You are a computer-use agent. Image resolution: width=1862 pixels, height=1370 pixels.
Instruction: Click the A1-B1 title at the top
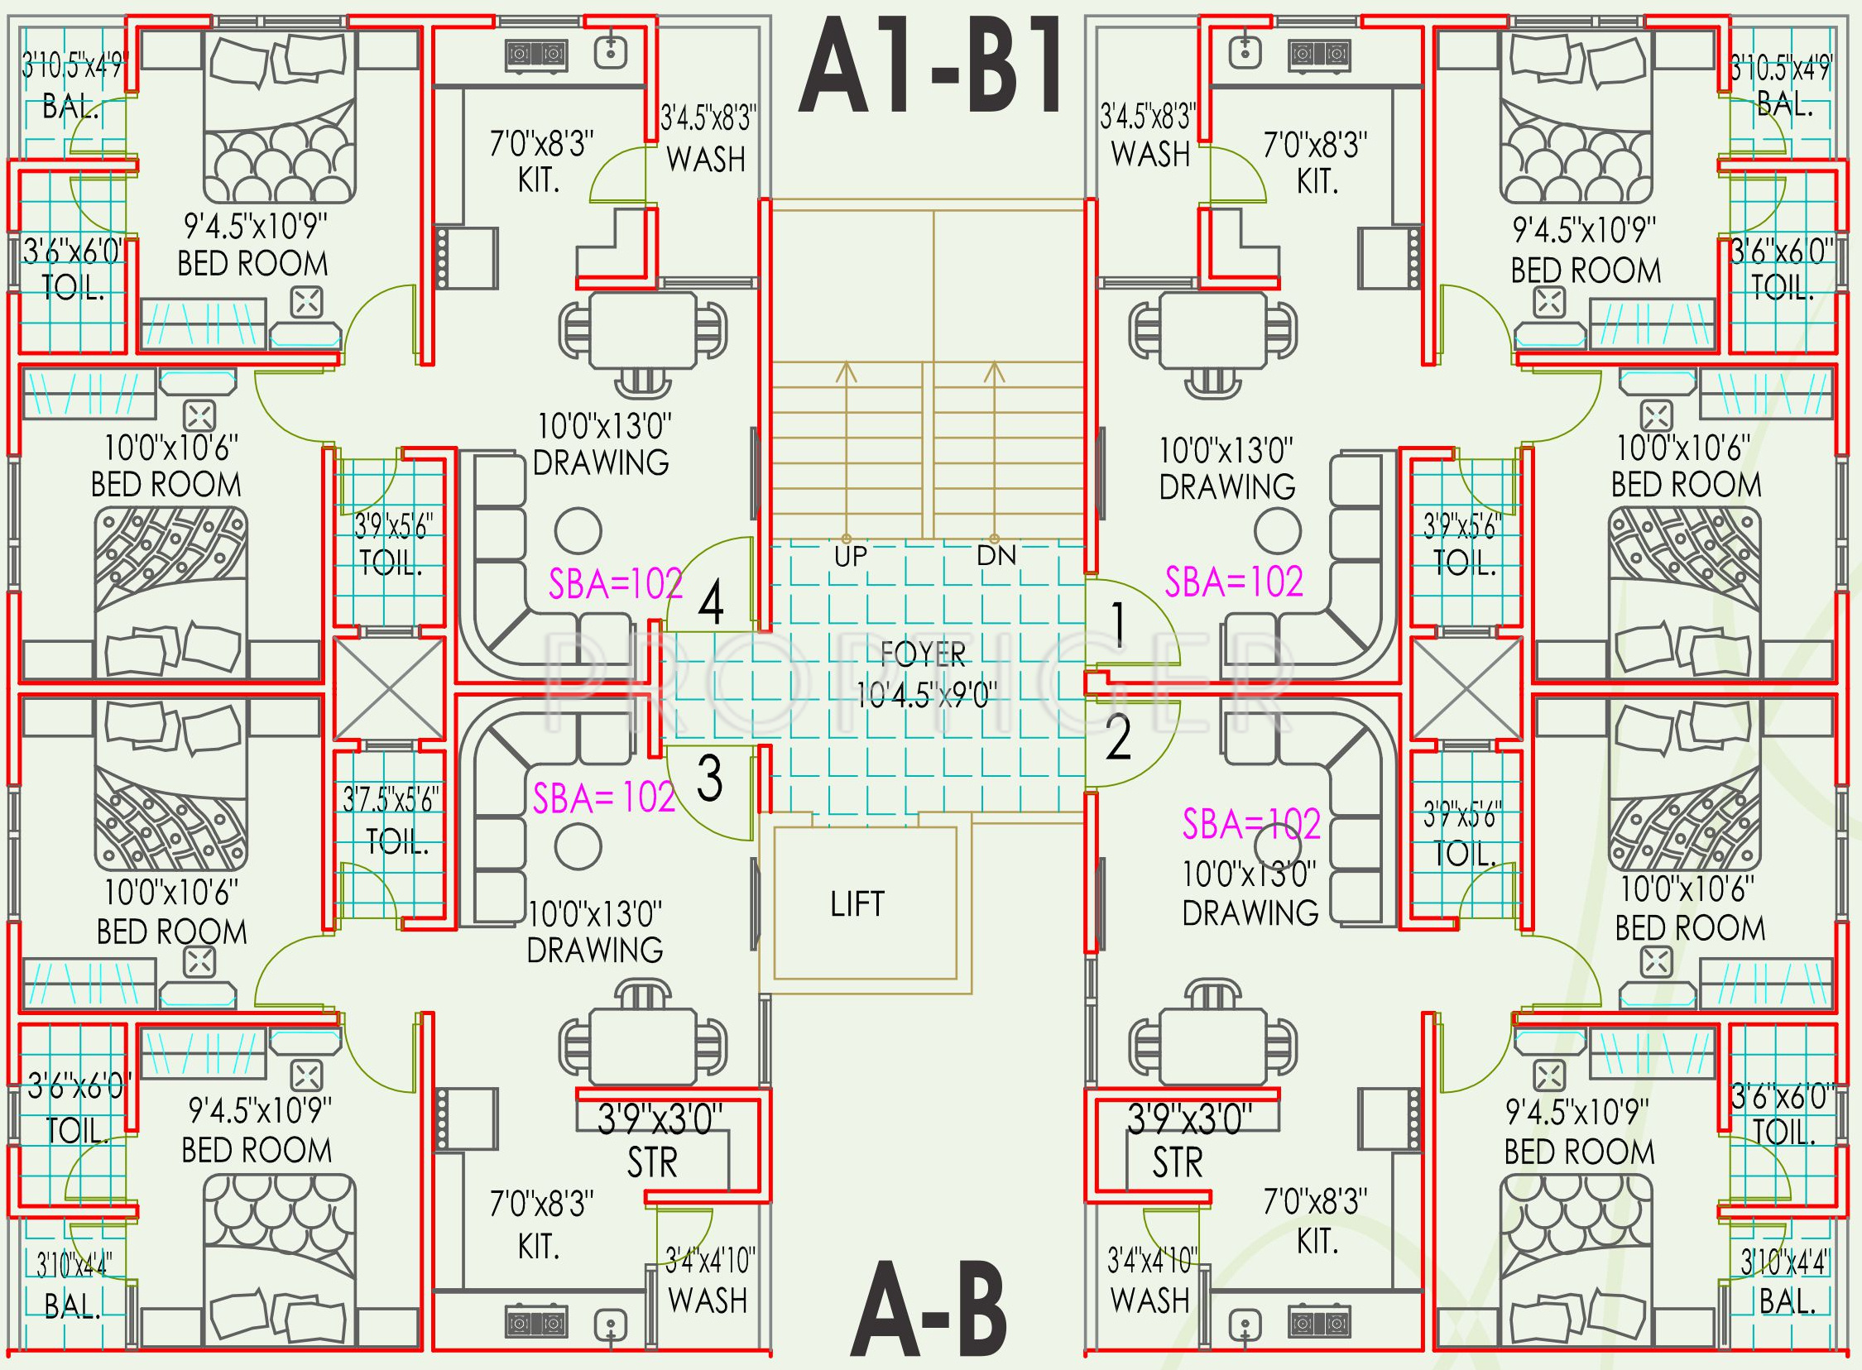pos(930,67)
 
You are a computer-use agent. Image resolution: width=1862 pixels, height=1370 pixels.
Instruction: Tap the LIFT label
pos(857,904)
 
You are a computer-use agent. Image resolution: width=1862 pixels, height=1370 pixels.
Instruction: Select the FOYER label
pos(923,655)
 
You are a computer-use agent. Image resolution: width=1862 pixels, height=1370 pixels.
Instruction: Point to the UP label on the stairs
pos(850,557)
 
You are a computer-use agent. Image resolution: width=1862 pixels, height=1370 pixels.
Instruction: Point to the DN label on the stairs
pos(996,556)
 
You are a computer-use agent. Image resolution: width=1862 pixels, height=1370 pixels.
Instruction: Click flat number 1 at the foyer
pos(1118,625)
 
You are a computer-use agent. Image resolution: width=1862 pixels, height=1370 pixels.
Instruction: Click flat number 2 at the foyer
pos(1118,738)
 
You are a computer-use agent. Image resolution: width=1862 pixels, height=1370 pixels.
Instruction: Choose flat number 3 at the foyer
pos(709,778)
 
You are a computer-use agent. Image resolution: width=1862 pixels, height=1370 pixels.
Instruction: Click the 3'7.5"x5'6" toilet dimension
pos(391,800)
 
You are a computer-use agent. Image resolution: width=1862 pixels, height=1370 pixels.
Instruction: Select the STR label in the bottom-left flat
pos(652,1162)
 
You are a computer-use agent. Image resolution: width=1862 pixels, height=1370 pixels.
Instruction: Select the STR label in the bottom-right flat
pos(1177,1162)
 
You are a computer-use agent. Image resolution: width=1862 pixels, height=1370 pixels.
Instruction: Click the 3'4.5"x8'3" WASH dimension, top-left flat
pos(709,118)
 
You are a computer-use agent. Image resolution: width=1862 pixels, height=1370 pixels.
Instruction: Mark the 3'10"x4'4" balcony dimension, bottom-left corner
pos(73,1266)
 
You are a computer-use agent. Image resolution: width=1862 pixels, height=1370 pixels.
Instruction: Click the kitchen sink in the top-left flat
pos(612,52)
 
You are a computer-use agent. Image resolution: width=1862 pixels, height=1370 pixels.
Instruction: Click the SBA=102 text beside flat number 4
pos(616,584)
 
